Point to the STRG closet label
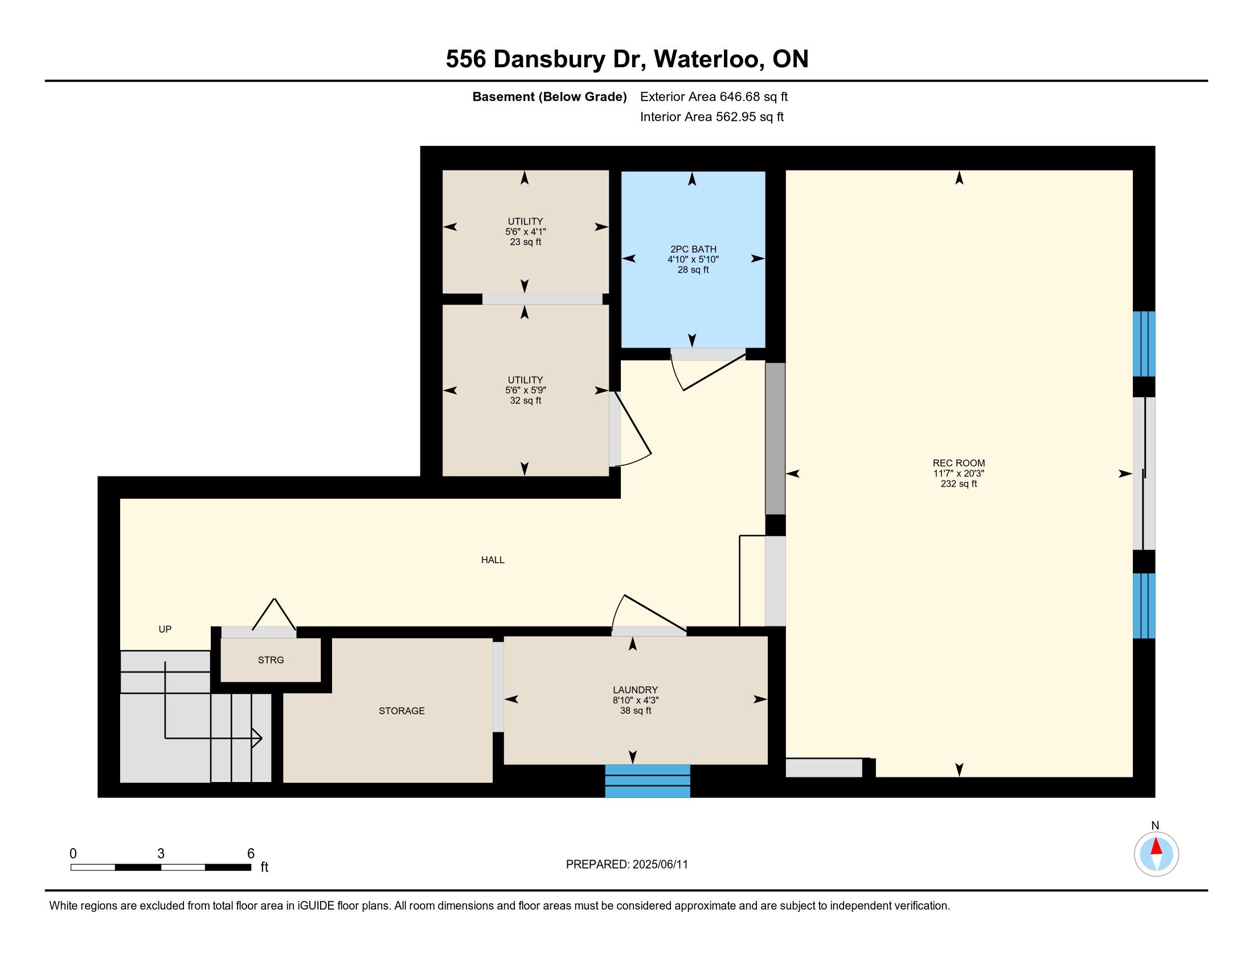(271, 659)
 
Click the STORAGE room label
(402, 710)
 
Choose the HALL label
(493, 560)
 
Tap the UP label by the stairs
(165, 629)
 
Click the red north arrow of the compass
(1156, 846)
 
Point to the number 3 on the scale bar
(161, 854)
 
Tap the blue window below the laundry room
(647, 781)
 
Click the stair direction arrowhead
(257, 738)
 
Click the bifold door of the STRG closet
(275, 614)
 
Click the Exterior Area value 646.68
(739, 96)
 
